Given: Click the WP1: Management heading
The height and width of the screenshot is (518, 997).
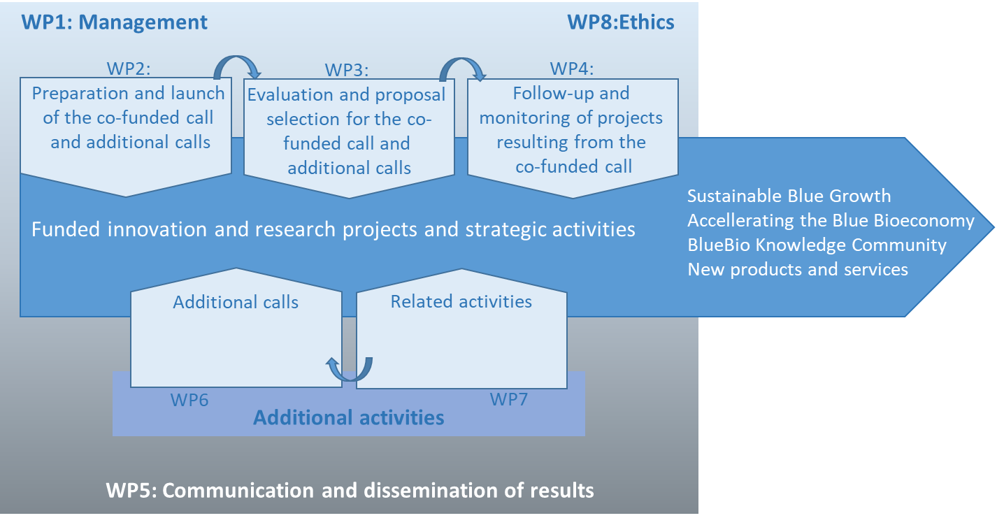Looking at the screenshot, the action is pos(115,22).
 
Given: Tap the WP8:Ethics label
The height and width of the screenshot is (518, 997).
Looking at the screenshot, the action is pos(621,22).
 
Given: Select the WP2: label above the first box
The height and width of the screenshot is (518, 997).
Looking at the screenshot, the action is pos(129,69).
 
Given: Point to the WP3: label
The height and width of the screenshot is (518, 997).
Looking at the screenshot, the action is pos(347,70).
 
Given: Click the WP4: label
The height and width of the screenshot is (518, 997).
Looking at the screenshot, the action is pos(572,69).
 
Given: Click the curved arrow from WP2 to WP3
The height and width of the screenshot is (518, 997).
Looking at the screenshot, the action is pos(237,66).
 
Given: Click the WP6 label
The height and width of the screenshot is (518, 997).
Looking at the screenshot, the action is pos(189,400).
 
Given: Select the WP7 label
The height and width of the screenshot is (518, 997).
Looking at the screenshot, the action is pos(509,399).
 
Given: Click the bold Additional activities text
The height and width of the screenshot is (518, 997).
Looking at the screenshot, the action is pos(348,417).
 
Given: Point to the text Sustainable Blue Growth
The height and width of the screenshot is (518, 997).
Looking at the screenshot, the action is pos(789,196).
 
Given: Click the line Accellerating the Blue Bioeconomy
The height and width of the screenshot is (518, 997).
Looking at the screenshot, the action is pos(831,221).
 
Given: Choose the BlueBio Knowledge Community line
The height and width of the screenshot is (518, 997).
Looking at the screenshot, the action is pos(817,245).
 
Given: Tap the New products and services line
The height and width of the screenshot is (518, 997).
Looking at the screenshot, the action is pos(798,270).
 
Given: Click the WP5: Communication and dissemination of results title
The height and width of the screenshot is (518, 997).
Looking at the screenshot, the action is pos(350,491).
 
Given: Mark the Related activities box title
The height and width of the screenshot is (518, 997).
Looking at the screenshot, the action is pos(461,302).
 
